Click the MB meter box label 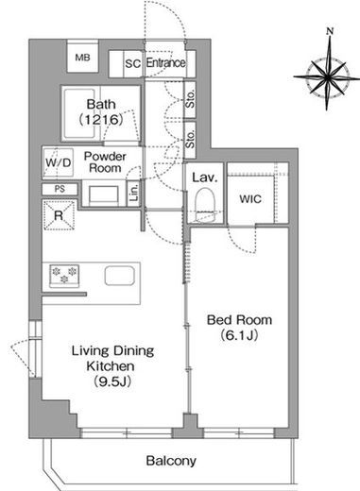pyautogui.click(x=82, y=58)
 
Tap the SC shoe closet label pyautogui.click(x=132, y=63)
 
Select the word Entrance pyautogui.click(x=165, y=62)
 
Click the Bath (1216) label pyautogui.click(x=101, y=111)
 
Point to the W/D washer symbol pyautogui.click(x=59, y=162)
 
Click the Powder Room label pyautogui.click(x=105, y=161)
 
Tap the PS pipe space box pyautogui.click(x=60, y=189)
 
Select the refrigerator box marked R pyautogui.click(x=59, y=215)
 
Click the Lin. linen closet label pyautogui.click(x=133, y=193)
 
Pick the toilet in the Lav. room pyautogui.click(x=205, y=205)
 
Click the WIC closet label pyautogui.click(x=250, y=199)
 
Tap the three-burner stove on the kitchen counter pyautogui.click(x=64, y=276)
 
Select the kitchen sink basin pyautogui.click(x=120, y=276)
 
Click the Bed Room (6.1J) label pyautogui.click(x=239, y=328)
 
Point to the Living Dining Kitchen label pyautogui.click(x=112, y=365)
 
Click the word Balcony pyautogui.click(x=171, y=461)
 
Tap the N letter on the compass pyautogui.click(x=330, y=31)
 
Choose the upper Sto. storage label pyautogui.click(x=190, y=99)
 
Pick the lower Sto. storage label pyautogui.click(x=190, y=140)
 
